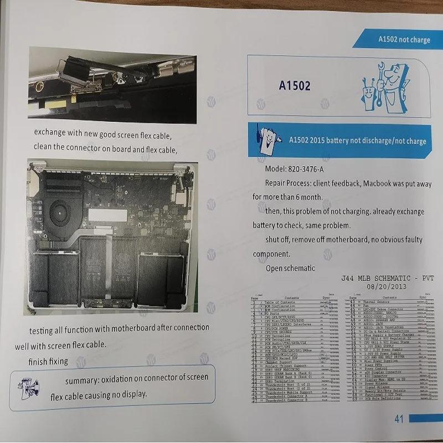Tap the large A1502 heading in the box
(295, 86)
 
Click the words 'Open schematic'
(291, 269)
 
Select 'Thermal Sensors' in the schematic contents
(377, 302)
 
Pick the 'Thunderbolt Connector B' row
(287, 400)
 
